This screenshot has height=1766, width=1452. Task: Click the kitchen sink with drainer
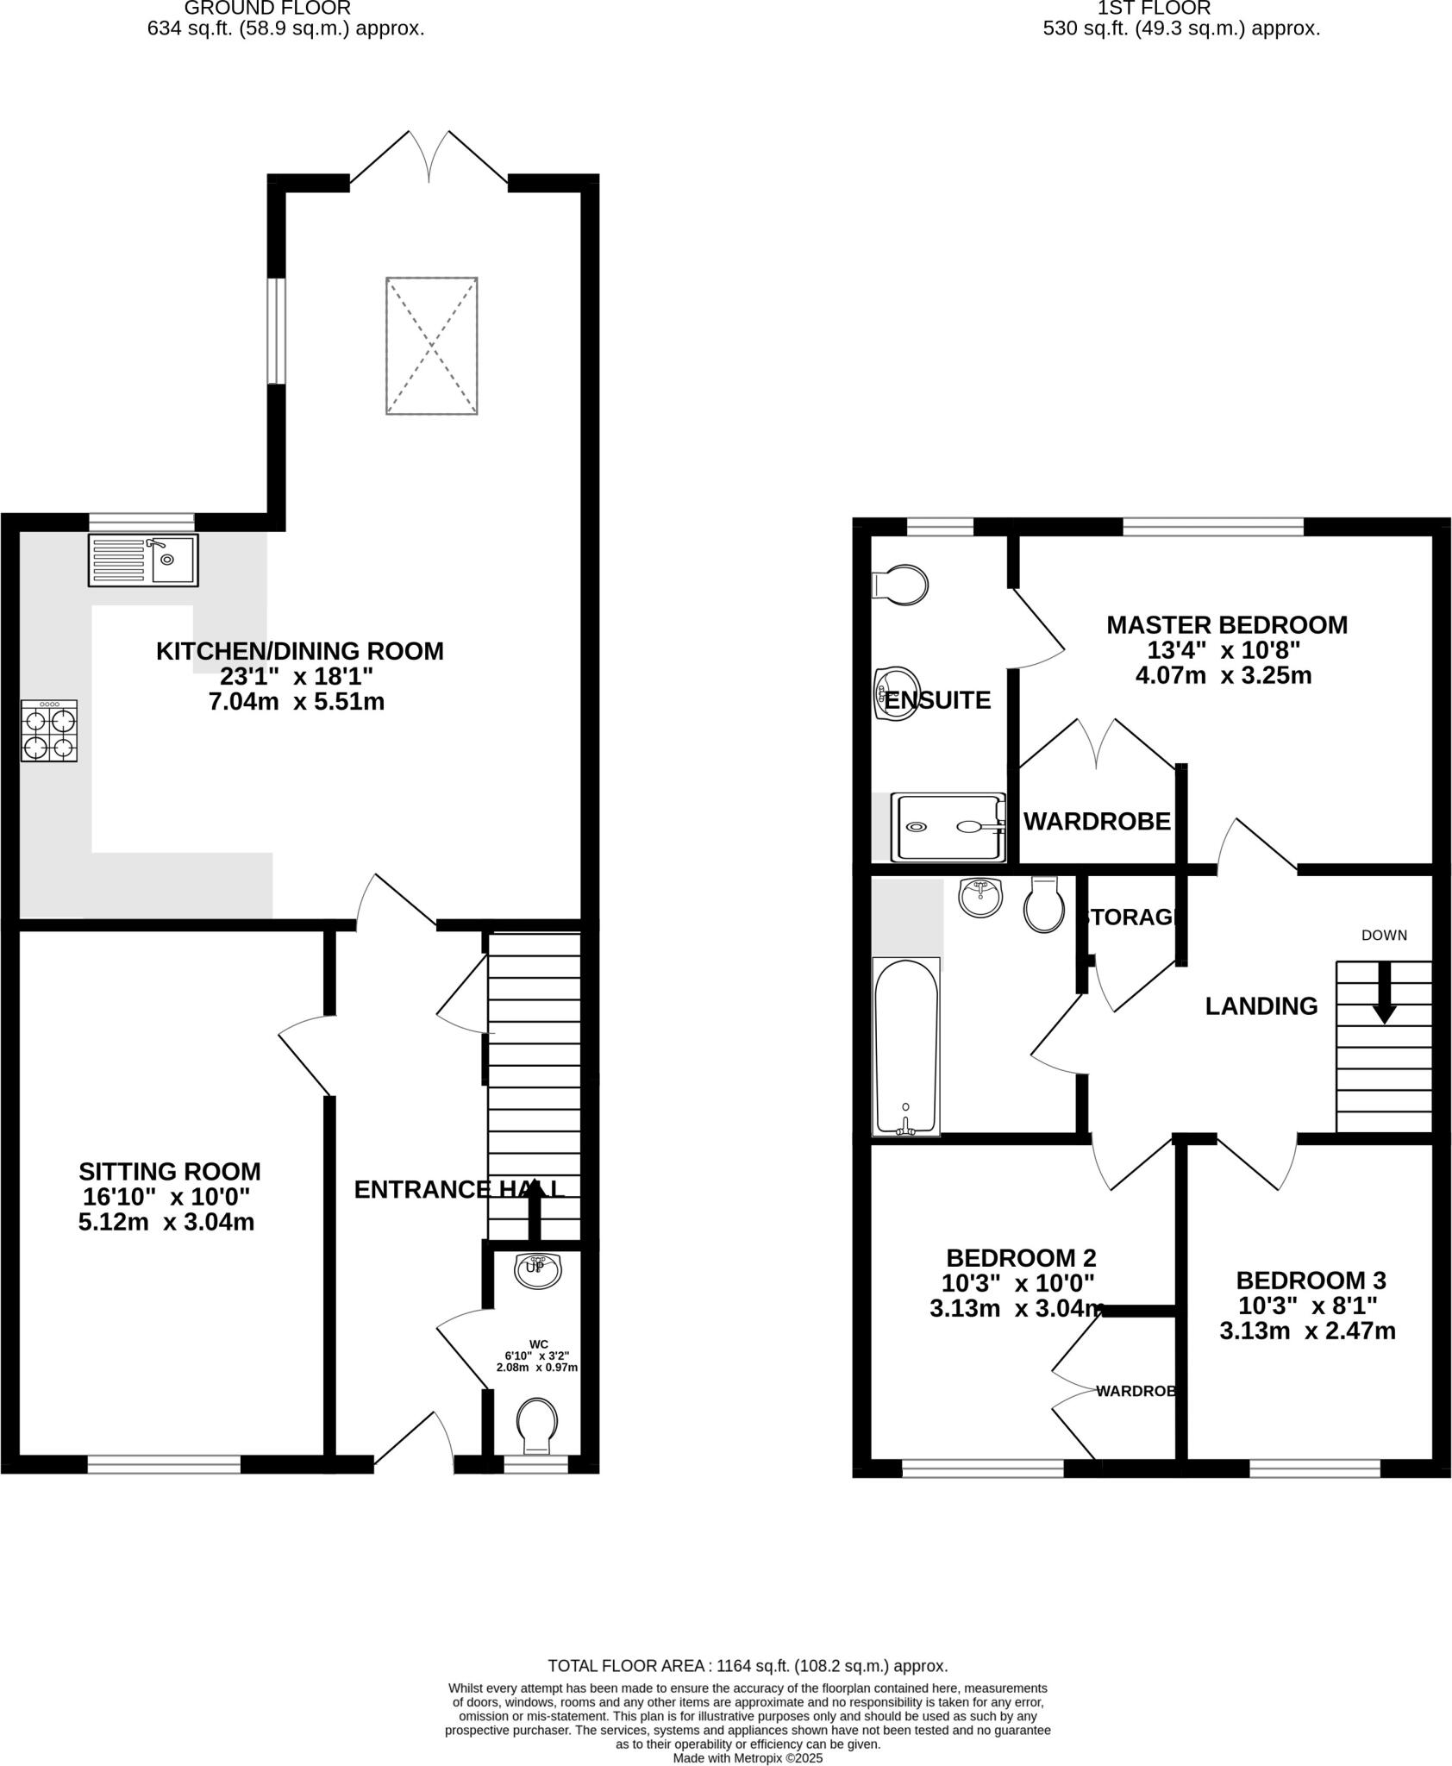click(143, 560)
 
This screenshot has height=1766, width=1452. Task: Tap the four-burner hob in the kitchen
click(49, 731)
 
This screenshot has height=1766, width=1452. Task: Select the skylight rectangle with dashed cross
click(432, 346)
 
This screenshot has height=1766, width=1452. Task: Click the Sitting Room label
click(169, 1172)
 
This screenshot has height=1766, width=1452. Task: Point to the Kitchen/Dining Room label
click(299, 651)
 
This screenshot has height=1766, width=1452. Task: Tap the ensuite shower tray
click(948, 827)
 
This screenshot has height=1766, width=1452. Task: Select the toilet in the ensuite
click(900, 586)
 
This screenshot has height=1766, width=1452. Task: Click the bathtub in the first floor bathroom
click(905, 1046)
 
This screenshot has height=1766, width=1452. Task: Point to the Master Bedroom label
click(1226, 625)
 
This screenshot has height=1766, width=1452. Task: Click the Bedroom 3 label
click(1304, 1280)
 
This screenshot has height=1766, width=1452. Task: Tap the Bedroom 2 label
click(1021, 1257)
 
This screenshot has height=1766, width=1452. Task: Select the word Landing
click(1261, 1006)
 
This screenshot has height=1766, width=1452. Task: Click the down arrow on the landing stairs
click(1384, 993)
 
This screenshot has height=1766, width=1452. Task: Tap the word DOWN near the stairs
click(1384, 935)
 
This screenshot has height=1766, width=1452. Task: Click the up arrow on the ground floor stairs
click(535, 1207)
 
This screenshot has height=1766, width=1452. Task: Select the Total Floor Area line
click(748, 1666)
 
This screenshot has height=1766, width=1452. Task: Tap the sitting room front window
click(164, 1463)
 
